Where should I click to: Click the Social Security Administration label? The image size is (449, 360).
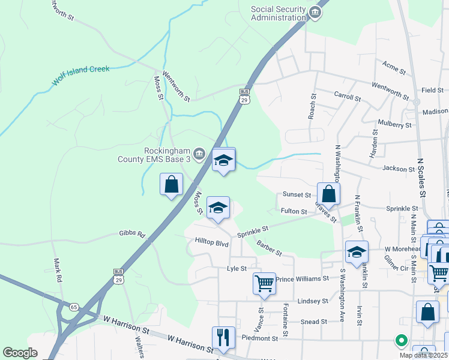278,13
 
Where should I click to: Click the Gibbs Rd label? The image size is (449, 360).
133,233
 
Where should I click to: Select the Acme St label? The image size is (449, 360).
394,66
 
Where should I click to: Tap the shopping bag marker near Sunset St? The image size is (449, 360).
328,194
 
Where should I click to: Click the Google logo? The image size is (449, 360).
20,353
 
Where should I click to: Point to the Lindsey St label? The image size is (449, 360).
313,301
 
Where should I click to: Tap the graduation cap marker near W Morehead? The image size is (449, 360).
357,251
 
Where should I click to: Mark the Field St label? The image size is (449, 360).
432,90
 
